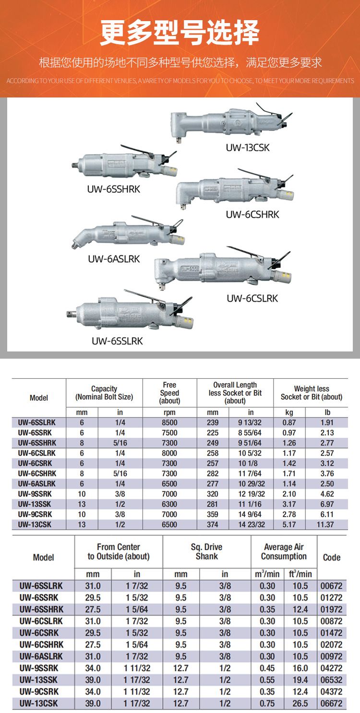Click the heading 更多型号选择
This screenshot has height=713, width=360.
click(x=180, y=32)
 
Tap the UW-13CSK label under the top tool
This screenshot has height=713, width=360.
click(x=248, y=147)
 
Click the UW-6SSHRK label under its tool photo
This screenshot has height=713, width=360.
click(x=113, y=189)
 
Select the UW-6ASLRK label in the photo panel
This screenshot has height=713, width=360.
click(x=114, y=259)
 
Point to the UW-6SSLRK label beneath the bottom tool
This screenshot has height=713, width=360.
click(x=117, y=341)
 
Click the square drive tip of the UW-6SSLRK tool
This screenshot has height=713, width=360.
click(x=70, y=314)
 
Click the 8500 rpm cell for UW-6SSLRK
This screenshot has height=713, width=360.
click(x=169, y=423)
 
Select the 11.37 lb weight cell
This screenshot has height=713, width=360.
click(x=325, y=524)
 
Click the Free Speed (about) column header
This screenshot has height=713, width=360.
click(x=169, y=393)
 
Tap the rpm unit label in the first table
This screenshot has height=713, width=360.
click(x=169, y=412)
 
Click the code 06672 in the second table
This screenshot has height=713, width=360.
click(x=331, y=703)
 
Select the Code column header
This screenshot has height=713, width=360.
click(x=331, y=557)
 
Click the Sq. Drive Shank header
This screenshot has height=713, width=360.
click(x=206, y=552)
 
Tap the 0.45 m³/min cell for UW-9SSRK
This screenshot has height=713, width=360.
click(x=267, y=668)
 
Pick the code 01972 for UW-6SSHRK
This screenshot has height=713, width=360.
click(x=331, y=609)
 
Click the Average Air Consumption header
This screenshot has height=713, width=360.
click(x=284, y=552)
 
